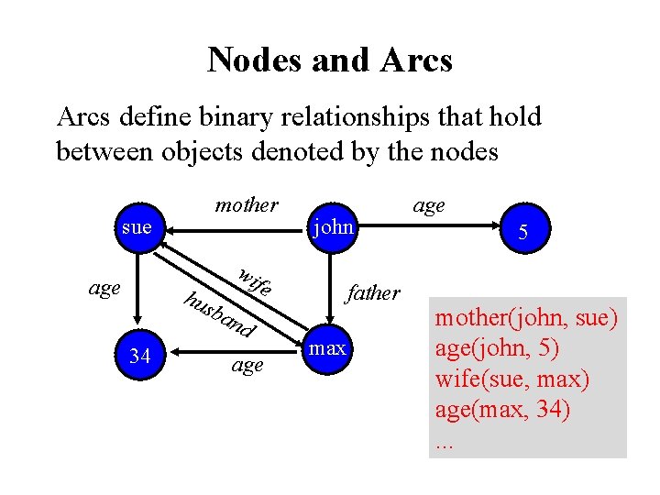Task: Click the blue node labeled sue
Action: pyautogui.click(x=137, y=226)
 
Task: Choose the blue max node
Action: pyautogui.click(x=327, y=349)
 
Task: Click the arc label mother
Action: pyautogui.click(x=246, y=205)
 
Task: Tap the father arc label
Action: pyautogui.click(x=372, y=293)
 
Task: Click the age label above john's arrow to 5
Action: pyautogui.click(x=428, y=205)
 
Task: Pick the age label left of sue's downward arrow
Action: pyautogui.click(x=104, y=288)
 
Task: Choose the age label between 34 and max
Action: pyautogui.click(x=247, y=365)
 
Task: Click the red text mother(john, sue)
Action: pyautogui.click(x=526, y=320)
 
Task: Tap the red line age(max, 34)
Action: pyautogui.click(x=502, y=410)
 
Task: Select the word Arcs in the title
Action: pyautogui.click(x=413, y=60)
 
